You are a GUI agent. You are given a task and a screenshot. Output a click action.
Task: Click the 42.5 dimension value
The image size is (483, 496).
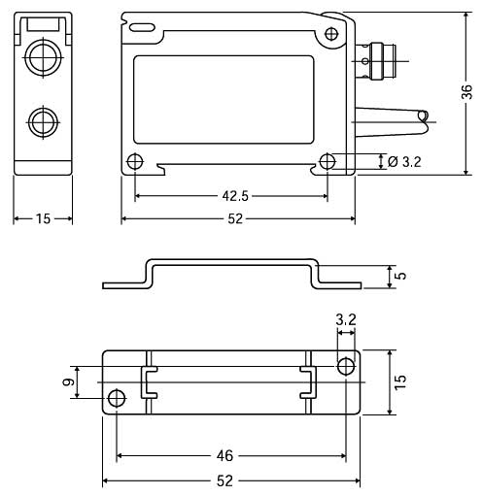235,196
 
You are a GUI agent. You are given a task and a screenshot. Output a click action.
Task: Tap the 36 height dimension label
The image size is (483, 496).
467,92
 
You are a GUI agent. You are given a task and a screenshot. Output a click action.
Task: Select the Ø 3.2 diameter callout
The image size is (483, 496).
404,161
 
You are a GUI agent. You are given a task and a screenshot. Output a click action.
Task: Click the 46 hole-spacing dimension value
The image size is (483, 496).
224,456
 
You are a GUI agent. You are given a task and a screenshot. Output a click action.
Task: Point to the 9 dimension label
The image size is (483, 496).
68,382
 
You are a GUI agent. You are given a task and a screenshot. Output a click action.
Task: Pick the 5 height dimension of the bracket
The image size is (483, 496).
401,276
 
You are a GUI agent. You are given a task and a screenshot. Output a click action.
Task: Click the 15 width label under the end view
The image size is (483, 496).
43,219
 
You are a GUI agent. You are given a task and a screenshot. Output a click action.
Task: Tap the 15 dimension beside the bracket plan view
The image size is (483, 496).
400,382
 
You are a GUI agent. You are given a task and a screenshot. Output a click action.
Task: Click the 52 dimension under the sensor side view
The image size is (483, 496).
235,219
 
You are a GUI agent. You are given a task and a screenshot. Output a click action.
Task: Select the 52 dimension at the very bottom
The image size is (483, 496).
224,481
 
